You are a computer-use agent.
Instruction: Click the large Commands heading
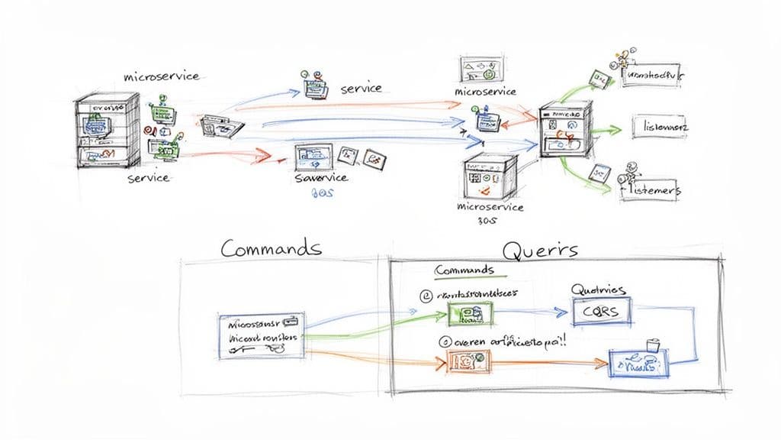pos(271,248)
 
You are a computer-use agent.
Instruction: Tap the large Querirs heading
pos(540,249)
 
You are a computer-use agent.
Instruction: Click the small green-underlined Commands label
pos(464,270)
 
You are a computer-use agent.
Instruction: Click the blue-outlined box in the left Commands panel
pos(261,335)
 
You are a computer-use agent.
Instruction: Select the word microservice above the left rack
pos(161,76)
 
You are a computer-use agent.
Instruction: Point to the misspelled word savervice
pos(320,177)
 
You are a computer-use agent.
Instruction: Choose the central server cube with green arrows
pos(565,131)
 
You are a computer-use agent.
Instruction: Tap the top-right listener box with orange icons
pos(654,76)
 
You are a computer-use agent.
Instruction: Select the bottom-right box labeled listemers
pos(651,191)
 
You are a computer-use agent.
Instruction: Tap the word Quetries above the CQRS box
pos(599,290)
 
